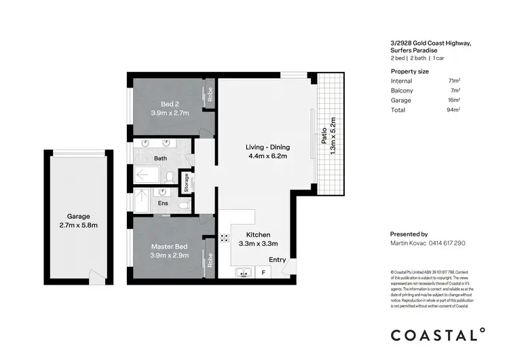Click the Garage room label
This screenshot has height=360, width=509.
coord(78,216)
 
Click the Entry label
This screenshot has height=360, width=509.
coord(278,259)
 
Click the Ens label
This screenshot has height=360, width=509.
coord(163,202)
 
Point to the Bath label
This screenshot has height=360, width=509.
coord(161,159)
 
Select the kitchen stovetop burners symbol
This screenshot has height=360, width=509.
coord(223,238)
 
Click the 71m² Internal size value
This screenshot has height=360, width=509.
coord(455,80)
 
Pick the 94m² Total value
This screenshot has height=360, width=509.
coord(455,109)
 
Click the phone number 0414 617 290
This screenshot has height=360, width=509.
coord(445,242)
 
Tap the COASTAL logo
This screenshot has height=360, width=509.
coord(438,335)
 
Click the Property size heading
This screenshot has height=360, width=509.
coord(409,71)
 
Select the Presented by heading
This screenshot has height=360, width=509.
coord(409,233)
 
